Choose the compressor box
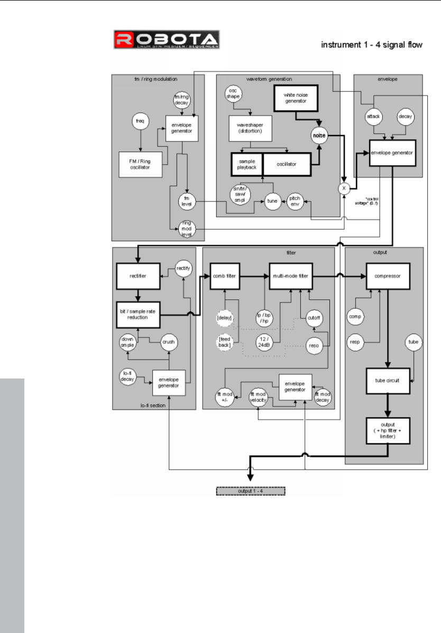[x=388, y=276]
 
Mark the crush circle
[x=169, y=342]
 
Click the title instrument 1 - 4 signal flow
[x=372, y=45]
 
